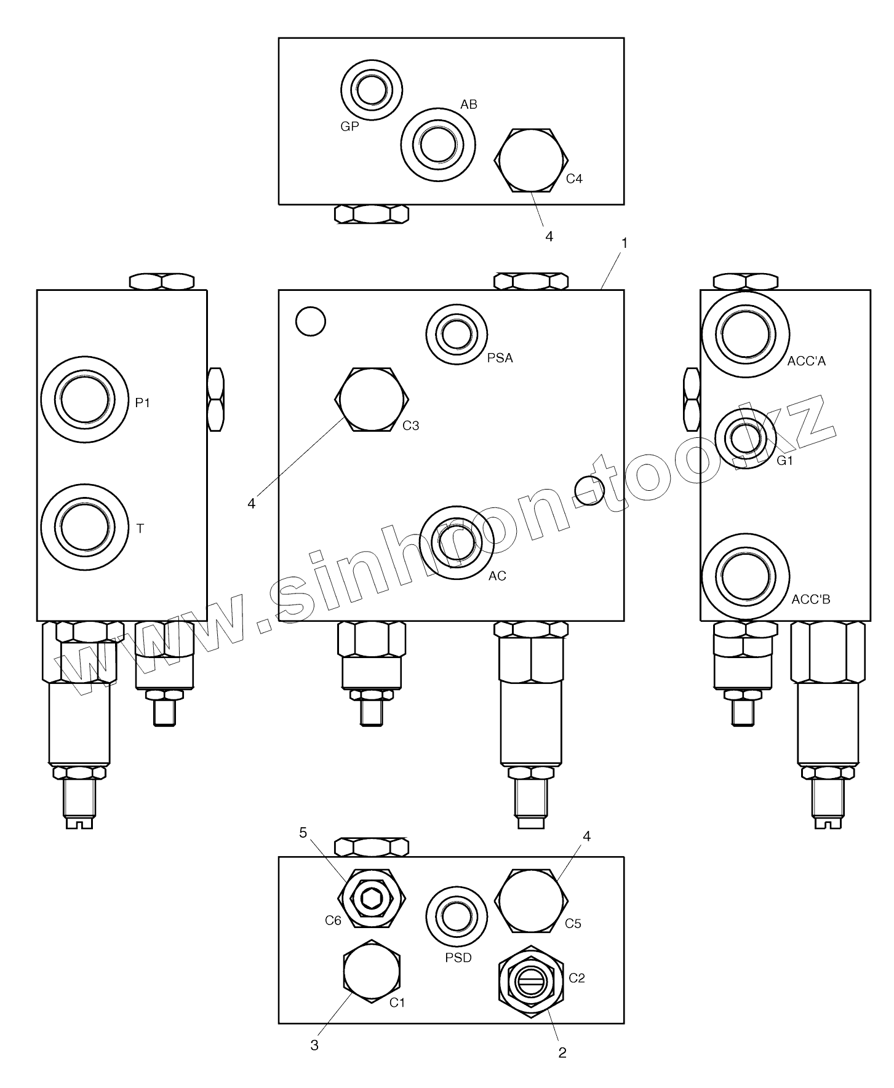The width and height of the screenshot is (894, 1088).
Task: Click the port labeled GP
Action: tap(372, 90)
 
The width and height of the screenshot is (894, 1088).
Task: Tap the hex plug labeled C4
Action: tap(530, 160)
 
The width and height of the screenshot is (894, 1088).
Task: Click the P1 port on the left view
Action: tap(86, 399)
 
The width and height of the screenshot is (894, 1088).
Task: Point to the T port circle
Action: tap(86, 527)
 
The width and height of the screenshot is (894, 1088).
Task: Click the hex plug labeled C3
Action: tap(372, 400)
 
